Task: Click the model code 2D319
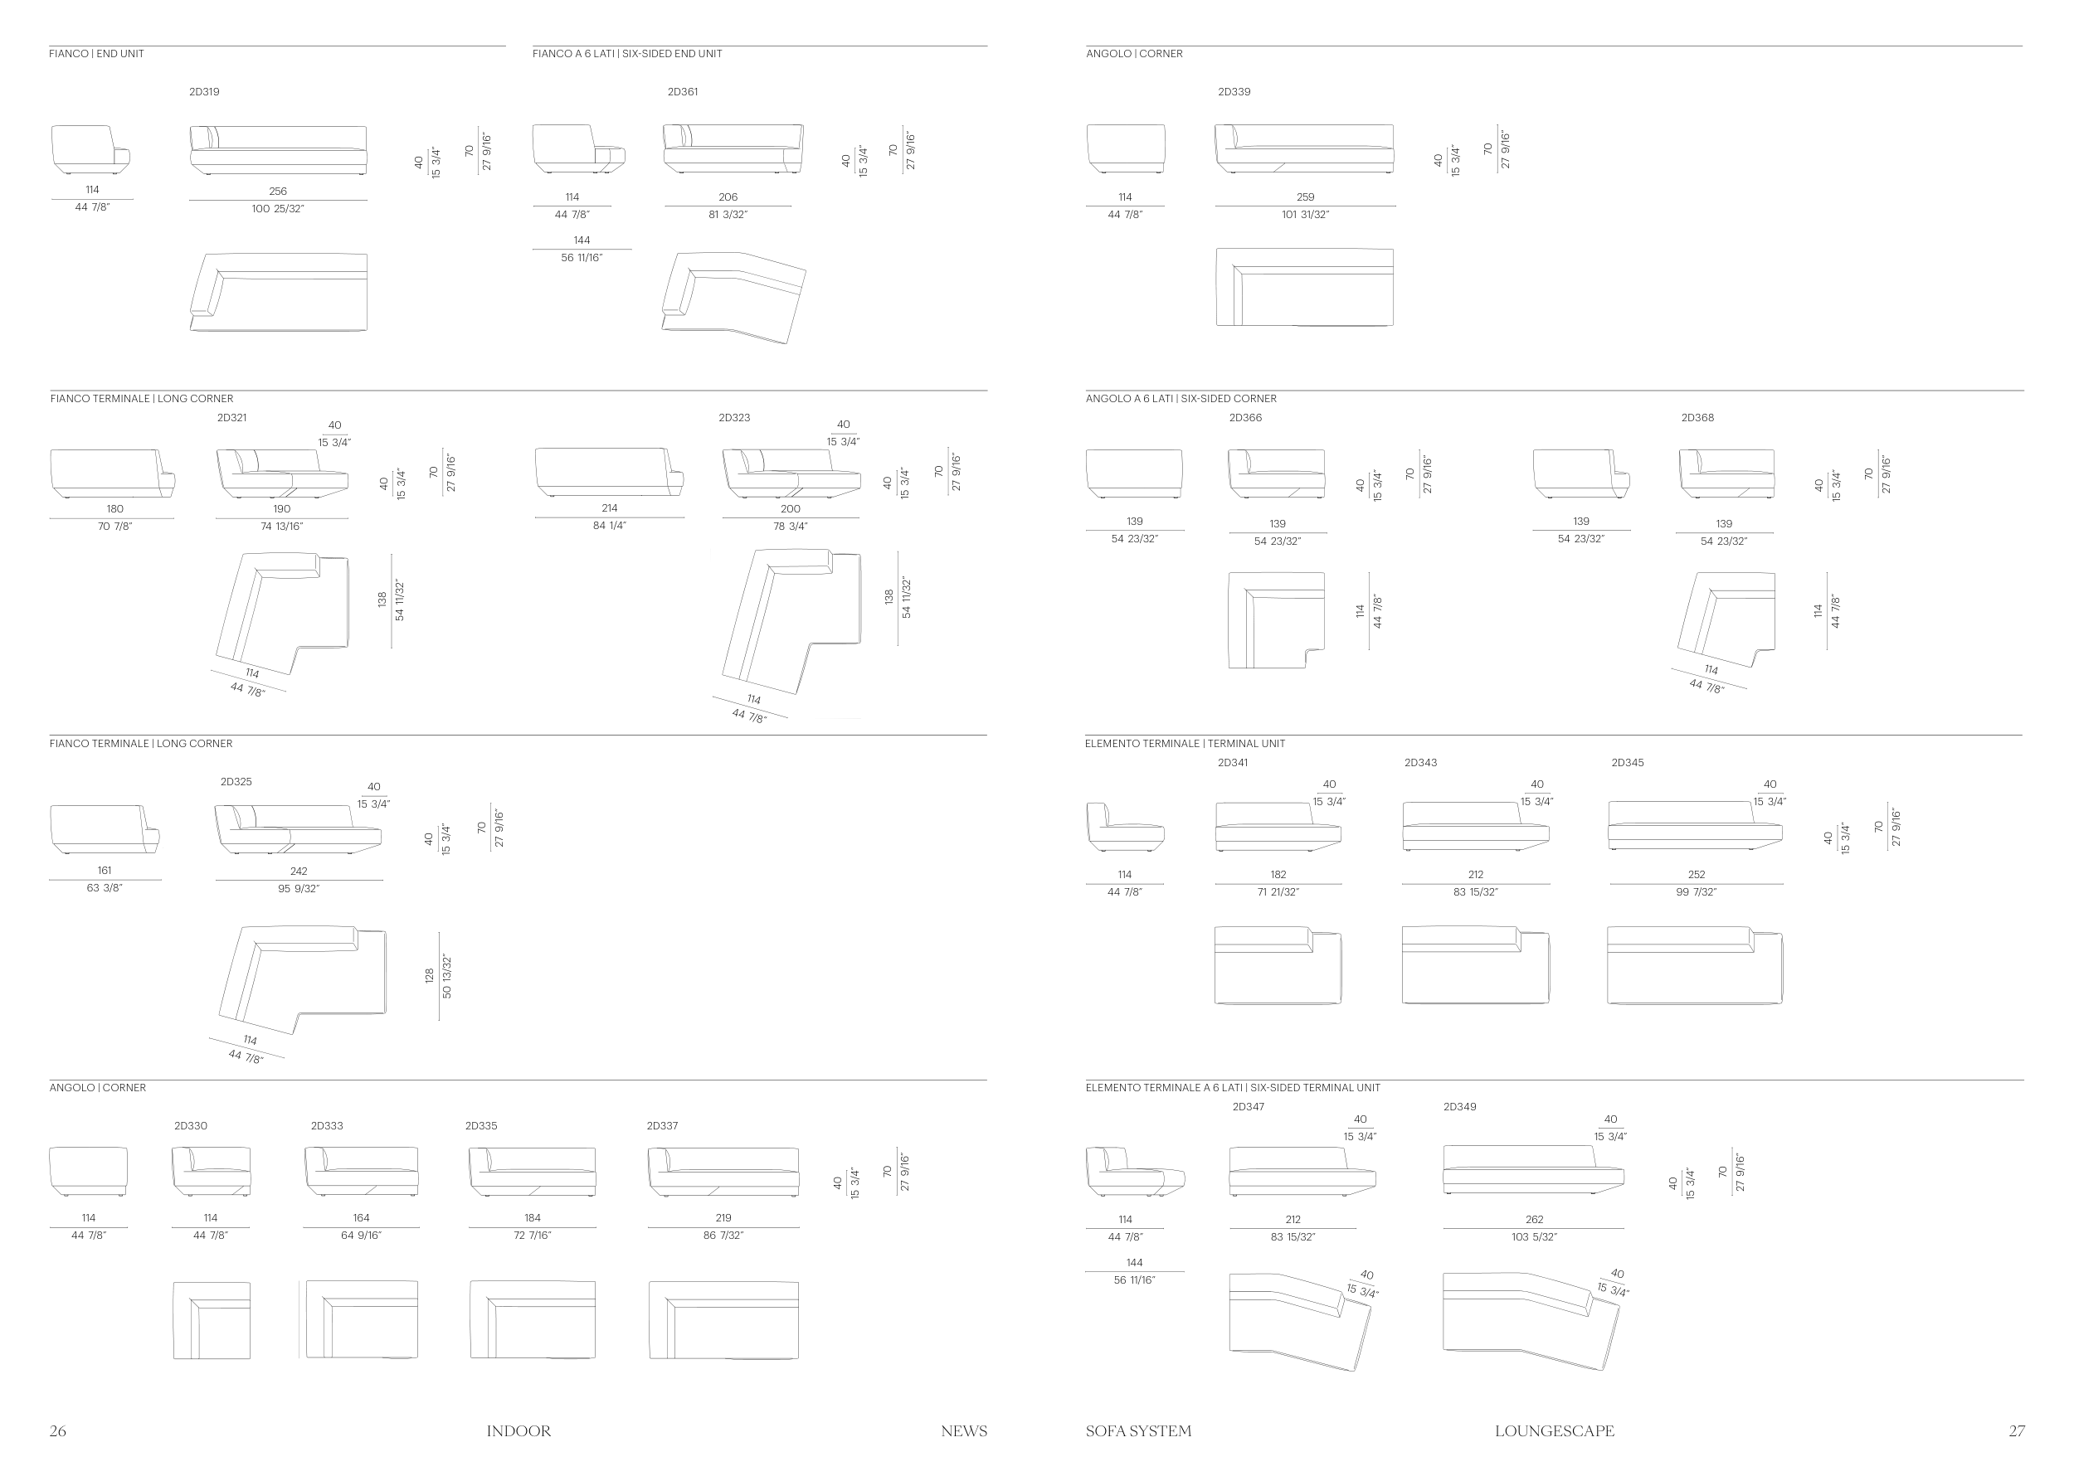click(203, 92)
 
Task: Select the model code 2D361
click(683, 92)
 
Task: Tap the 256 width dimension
click(277, 192)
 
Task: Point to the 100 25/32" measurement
click(277, 209)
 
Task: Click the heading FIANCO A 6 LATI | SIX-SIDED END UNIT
click(627, 54)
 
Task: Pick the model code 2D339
click(1234, 92)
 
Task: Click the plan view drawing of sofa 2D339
click(1305, 287)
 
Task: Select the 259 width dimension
click(1305, 197)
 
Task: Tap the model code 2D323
click(733, 418)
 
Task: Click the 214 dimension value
click(610, 508)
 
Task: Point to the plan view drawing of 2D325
click(303, 979)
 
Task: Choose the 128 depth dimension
click(429, 976)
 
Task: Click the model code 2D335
click(481, 1126)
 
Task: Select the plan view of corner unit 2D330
click(212, 1320)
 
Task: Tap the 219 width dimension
click(723, 1217)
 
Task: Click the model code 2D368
click(1697, 418)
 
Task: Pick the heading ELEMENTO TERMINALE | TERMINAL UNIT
click(1185, 743)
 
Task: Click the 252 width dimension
click(1697, 875)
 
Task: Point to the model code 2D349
click(1459, 1107)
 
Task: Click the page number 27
click(2017, 1431)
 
